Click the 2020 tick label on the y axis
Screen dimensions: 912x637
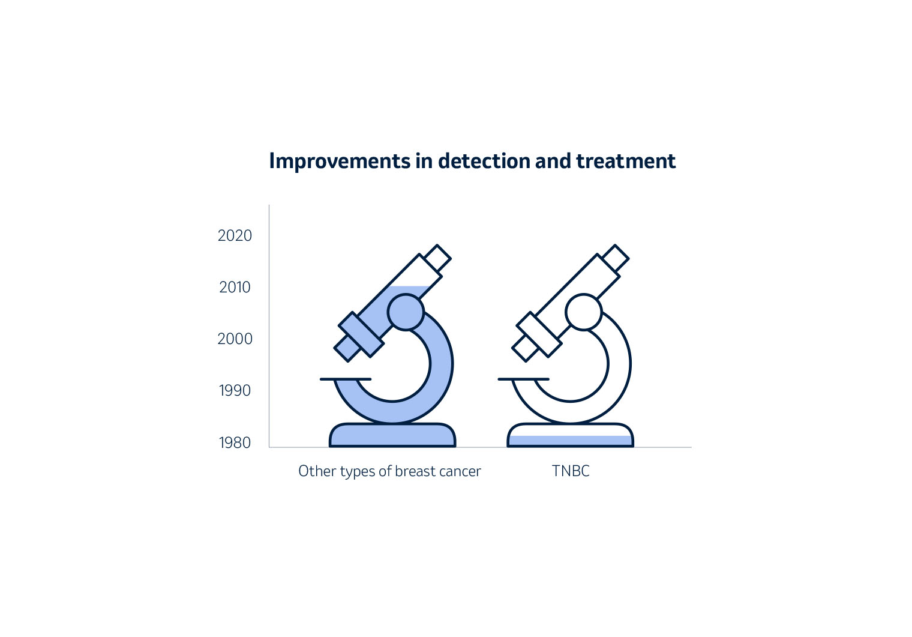click(x=235, y=235)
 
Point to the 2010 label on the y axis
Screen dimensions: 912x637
click(x=235, y=287)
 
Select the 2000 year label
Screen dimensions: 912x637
click(x=235, y=339)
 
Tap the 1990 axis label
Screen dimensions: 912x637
click(x=235, y=391)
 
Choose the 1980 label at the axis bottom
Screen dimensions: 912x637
click(x=235, y=442)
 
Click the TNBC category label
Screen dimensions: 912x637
click(x=571, y=471)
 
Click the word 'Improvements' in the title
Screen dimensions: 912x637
click(x=340, y=162)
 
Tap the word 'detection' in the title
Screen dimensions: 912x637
click(x=484, y=161)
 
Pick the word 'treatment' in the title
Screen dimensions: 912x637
click(x=626, y=161)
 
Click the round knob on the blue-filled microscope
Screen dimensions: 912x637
click(x=406, y=312)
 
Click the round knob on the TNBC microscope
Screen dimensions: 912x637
click(x=583, y=312)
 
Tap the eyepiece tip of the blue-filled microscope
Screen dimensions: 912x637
click(x=437, y=258)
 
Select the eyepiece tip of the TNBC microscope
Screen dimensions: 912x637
click(x=615, y=258)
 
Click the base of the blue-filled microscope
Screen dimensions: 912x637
click(x=392, y=435)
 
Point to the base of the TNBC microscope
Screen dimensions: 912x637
click(x=570, y=435)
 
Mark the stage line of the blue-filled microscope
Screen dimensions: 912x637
click(x=346, y=379)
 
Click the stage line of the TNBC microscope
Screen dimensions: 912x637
click(x=524, y=379)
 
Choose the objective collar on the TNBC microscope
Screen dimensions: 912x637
click(x=539, y=334)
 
